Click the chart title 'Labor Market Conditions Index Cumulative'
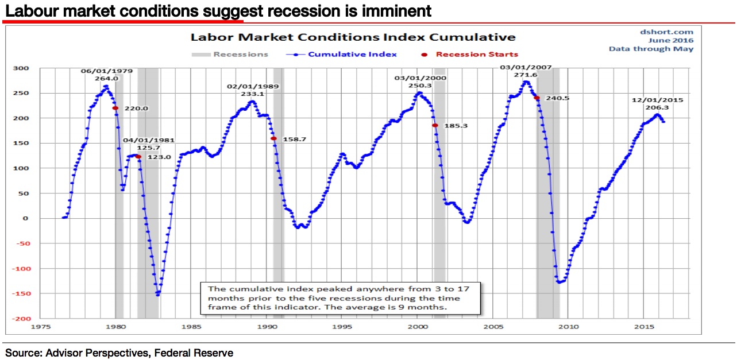(353, 37)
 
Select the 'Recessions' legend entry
(240, 55)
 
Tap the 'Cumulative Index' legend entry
(352, 55)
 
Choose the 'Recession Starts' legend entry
(476, 55)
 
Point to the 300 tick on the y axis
(22, 68)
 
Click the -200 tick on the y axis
(21, 319)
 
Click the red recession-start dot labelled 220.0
(115, 108)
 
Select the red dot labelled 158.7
(273, 138)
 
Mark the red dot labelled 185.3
(435, 125)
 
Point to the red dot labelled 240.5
(537, 98)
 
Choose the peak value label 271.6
(525, 75)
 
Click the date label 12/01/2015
(658, 99)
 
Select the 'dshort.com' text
(667, 32)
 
